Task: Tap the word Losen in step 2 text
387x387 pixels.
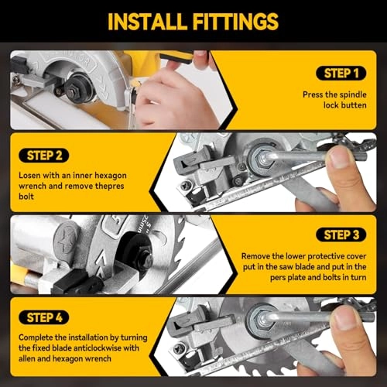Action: point(32,175)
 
